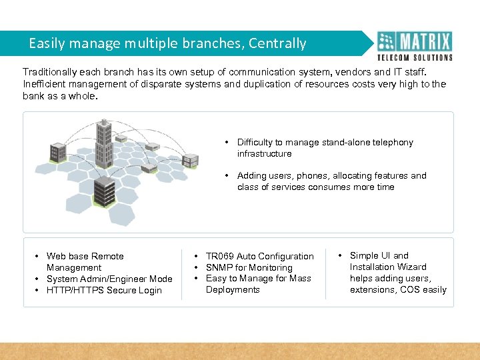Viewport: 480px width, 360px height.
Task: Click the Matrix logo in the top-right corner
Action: pos(415,45)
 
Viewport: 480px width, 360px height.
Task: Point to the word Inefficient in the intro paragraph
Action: pos(45,84)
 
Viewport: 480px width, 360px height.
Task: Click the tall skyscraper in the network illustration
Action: pos(104,143)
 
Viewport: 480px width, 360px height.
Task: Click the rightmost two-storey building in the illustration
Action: pos(190,160)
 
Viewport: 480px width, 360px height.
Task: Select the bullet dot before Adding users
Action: pos(227,176)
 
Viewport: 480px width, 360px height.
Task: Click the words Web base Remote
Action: pos(85,256)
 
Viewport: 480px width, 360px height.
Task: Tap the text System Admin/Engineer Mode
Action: pos(109,279)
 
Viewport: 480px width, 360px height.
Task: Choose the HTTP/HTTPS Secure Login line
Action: pos(104,290)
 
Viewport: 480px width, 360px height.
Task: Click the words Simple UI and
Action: pos(379,255)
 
